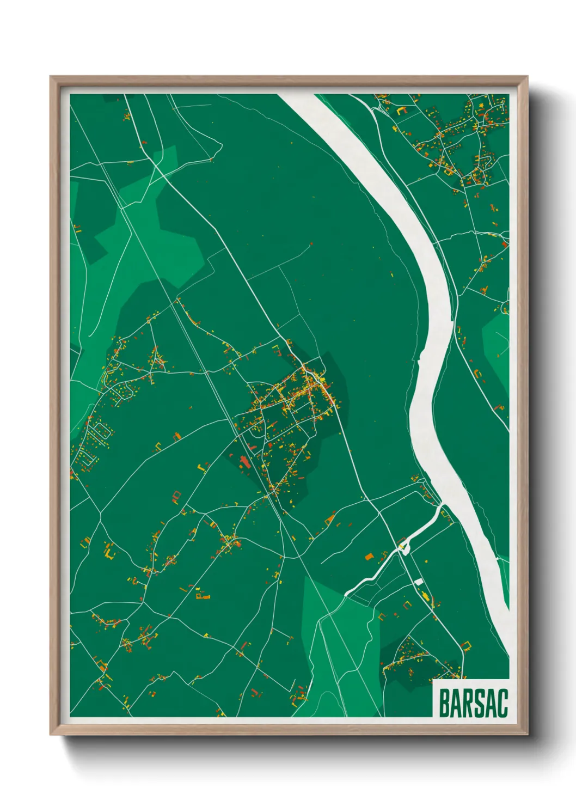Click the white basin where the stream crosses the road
(x=404, y=547)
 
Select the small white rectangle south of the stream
(x=419, y=582)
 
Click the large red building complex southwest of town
(x=243, y=463)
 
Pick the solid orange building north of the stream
(x=369, y=557)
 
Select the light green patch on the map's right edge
(x=497, y=343)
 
